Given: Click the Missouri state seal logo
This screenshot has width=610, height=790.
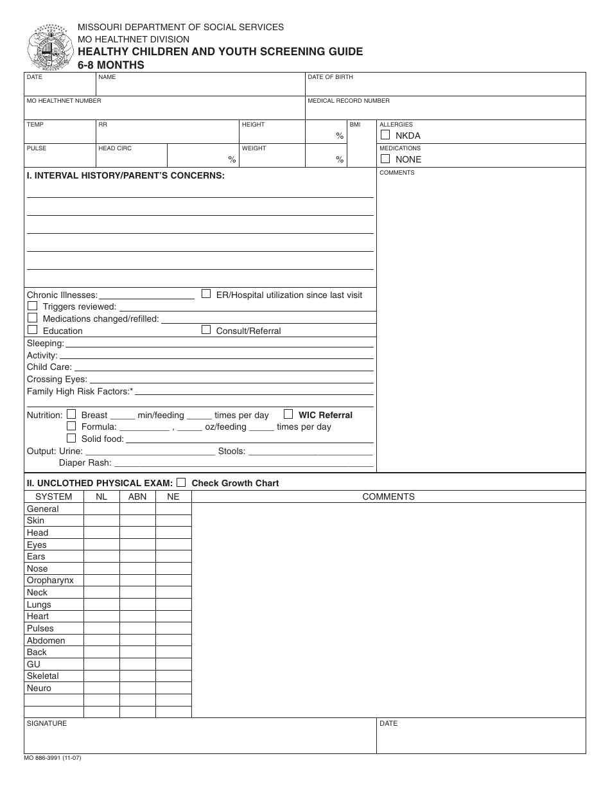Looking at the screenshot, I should point(49,48).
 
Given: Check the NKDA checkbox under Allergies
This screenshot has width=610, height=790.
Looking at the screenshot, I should point(385,135).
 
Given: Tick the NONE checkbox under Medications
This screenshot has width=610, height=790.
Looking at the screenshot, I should point(385,159).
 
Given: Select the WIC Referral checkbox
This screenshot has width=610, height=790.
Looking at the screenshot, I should point(288,414).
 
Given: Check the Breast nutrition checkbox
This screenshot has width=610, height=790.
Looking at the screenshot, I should point(71,414).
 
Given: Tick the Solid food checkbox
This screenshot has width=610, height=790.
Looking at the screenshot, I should point(71,438).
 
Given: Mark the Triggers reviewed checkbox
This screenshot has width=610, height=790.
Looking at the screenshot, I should point(32,306).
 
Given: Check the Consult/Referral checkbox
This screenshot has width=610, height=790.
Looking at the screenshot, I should point(206,330).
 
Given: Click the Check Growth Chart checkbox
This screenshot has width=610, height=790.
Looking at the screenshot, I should point(181,482).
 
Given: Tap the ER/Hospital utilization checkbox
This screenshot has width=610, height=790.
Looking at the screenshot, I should point(206,294).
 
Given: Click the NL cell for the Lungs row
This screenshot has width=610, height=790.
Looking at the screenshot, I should point(101,604).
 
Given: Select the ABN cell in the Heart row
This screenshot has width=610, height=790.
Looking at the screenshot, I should point(137,617).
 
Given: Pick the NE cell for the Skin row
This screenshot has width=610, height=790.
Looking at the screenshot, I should point(173,521).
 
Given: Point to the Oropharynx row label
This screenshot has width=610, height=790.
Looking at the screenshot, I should point(50,581).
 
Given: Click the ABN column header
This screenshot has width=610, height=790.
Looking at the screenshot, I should point(137,496).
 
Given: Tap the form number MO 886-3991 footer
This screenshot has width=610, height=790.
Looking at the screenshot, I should point(53,758).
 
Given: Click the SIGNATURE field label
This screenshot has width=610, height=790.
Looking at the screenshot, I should point(47,723).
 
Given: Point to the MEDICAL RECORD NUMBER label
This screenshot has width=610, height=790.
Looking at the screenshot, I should point(349,101).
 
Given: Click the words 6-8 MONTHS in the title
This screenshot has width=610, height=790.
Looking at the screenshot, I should point(111,65).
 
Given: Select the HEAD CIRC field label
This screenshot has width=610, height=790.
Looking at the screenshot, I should point(115,148).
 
